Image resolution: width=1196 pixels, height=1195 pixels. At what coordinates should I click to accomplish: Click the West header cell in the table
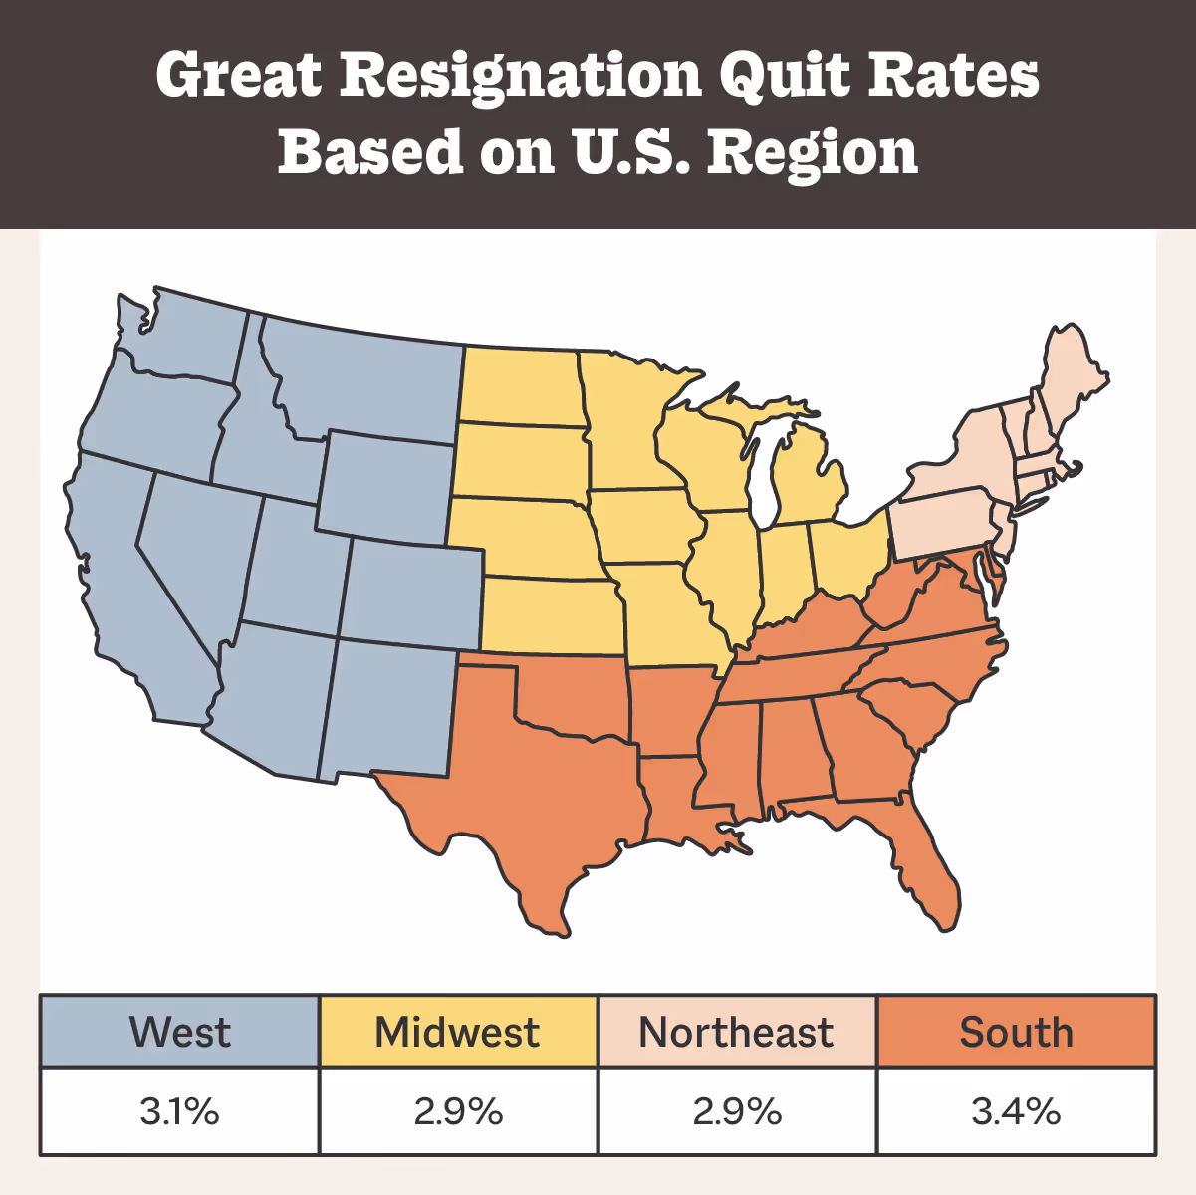[179, 1032]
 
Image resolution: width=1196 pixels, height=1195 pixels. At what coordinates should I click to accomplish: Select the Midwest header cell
[458, 1032]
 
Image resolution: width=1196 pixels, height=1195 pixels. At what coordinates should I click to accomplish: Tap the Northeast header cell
[737, 1032]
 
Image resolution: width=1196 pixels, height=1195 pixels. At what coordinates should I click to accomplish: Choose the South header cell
[1017, 1032]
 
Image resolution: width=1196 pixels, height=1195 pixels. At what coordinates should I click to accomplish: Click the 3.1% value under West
[179, 1111]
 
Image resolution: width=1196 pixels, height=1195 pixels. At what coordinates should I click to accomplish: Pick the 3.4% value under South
[1017, 1111]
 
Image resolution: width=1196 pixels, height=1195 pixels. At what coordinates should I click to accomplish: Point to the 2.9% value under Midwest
[458, 1111]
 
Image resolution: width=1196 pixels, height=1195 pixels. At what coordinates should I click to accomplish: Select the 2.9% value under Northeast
[737, 1111]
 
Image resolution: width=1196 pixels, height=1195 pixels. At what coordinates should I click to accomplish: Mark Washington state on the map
[184, 334]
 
